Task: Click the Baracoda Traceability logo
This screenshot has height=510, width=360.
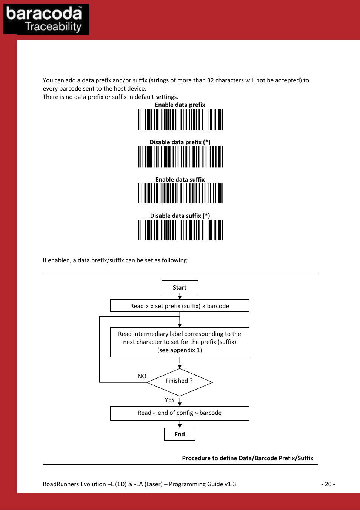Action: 46,19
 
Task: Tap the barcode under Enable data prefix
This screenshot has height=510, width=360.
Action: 180,120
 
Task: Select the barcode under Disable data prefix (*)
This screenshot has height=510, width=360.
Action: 180,157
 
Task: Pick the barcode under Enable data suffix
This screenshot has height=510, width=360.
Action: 180,193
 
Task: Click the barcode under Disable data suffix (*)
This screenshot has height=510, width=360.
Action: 180,230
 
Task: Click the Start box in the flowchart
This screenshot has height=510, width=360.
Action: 180,287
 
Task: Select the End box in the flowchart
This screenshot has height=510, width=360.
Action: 180,434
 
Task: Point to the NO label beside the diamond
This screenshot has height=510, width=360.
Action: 142,376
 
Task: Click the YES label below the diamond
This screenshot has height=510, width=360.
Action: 169,400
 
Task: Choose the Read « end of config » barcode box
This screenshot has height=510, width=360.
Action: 180,413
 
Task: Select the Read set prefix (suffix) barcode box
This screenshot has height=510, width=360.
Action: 180,306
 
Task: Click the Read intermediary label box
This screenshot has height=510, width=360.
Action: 180,342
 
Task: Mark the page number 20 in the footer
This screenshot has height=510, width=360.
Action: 328,484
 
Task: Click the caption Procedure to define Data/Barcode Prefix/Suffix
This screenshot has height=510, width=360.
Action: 248,458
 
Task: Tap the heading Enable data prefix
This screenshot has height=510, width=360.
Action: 180,105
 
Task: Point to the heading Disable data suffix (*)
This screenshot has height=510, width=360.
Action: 180,216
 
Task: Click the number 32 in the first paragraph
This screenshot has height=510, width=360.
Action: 211,80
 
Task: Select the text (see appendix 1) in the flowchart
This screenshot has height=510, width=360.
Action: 180,350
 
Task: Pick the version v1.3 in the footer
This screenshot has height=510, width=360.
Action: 230,484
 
